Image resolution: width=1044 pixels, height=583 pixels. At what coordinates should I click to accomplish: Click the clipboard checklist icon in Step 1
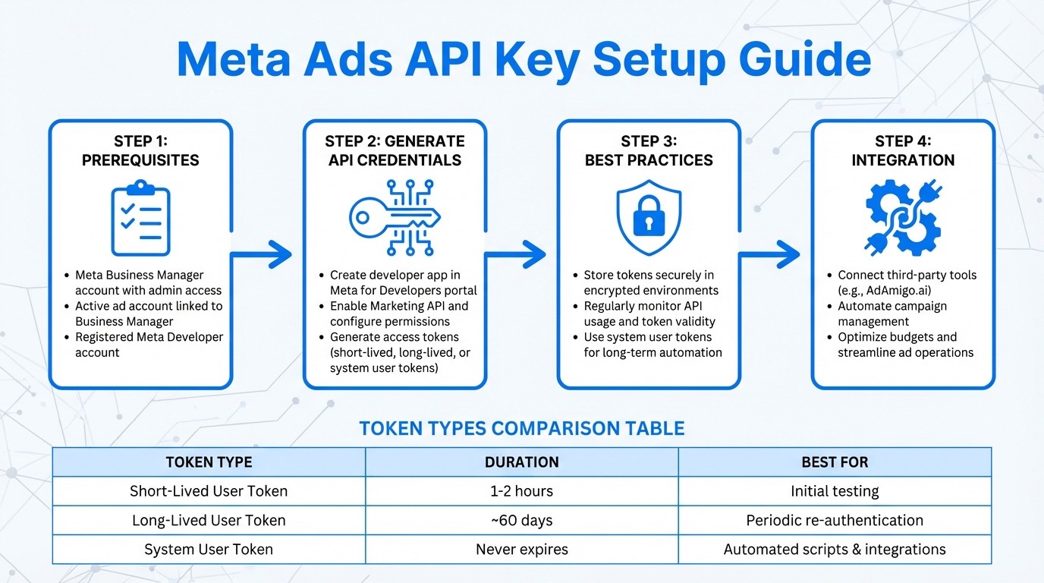140,218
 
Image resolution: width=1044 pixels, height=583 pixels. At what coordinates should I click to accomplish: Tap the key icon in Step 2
394,217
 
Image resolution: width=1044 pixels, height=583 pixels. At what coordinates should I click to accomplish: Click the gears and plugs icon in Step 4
903,217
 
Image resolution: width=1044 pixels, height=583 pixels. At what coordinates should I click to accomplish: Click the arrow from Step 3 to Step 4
770,255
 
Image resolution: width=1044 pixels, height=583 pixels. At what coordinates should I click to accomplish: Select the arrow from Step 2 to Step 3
516,255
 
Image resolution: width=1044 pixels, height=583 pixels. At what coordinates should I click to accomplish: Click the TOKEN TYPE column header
209,462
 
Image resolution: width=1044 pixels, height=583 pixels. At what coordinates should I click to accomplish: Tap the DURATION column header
522,462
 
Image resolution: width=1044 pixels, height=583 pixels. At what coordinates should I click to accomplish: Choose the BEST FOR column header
835,462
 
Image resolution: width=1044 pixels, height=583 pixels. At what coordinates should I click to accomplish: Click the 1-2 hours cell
522,491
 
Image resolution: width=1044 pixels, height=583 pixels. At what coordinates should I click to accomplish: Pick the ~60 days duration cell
522,521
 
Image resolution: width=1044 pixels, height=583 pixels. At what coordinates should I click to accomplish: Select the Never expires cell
522,550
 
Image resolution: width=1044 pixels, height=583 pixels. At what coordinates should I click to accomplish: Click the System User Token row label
209,550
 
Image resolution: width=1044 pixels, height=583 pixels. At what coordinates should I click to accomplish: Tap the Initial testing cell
835,491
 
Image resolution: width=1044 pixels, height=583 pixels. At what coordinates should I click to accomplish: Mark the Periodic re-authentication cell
835,521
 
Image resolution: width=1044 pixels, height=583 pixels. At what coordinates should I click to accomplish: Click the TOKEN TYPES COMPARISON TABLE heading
522,428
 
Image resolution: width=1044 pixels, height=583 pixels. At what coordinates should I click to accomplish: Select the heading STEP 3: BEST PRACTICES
649,150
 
